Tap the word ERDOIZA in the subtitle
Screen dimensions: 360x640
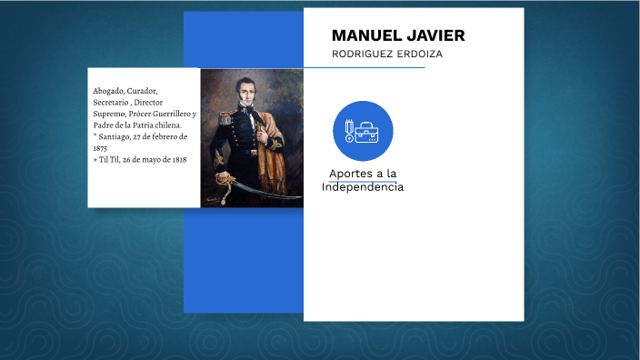pos(419,54)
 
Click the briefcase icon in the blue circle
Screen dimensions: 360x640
pos(368,133)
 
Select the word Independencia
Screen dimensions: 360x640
pos(363,186)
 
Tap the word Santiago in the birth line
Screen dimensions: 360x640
pos(116,136)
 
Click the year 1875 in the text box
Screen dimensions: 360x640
pos(101,147)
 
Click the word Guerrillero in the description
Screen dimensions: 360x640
pos(172,114)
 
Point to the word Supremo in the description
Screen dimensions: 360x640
pos(109,114)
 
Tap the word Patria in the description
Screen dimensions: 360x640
pos(150,125)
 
